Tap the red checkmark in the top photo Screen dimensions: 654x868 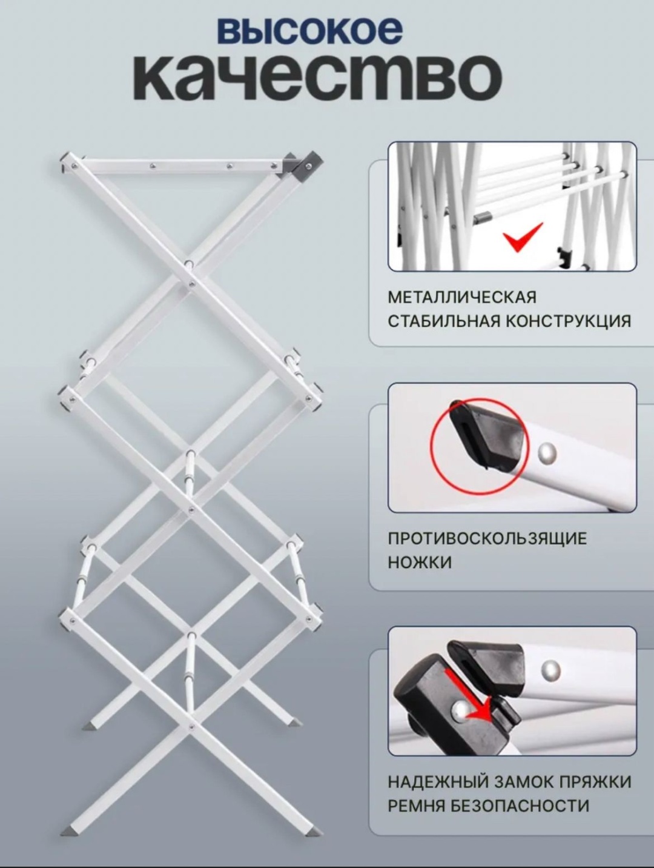tap(523, 236)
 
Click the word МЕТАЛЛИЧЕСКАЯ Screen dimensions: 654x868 tap(461, 298)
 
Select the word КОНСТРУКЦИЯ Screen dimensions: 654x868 tap(568, 321)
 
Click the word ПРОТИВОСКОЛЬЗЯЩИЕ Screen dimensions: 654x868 tap(487, 539)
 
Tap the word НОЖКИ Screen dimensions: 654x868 tap(420, 563)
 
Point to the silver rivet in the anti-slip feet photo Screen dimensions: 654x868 tap(547, 452)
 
